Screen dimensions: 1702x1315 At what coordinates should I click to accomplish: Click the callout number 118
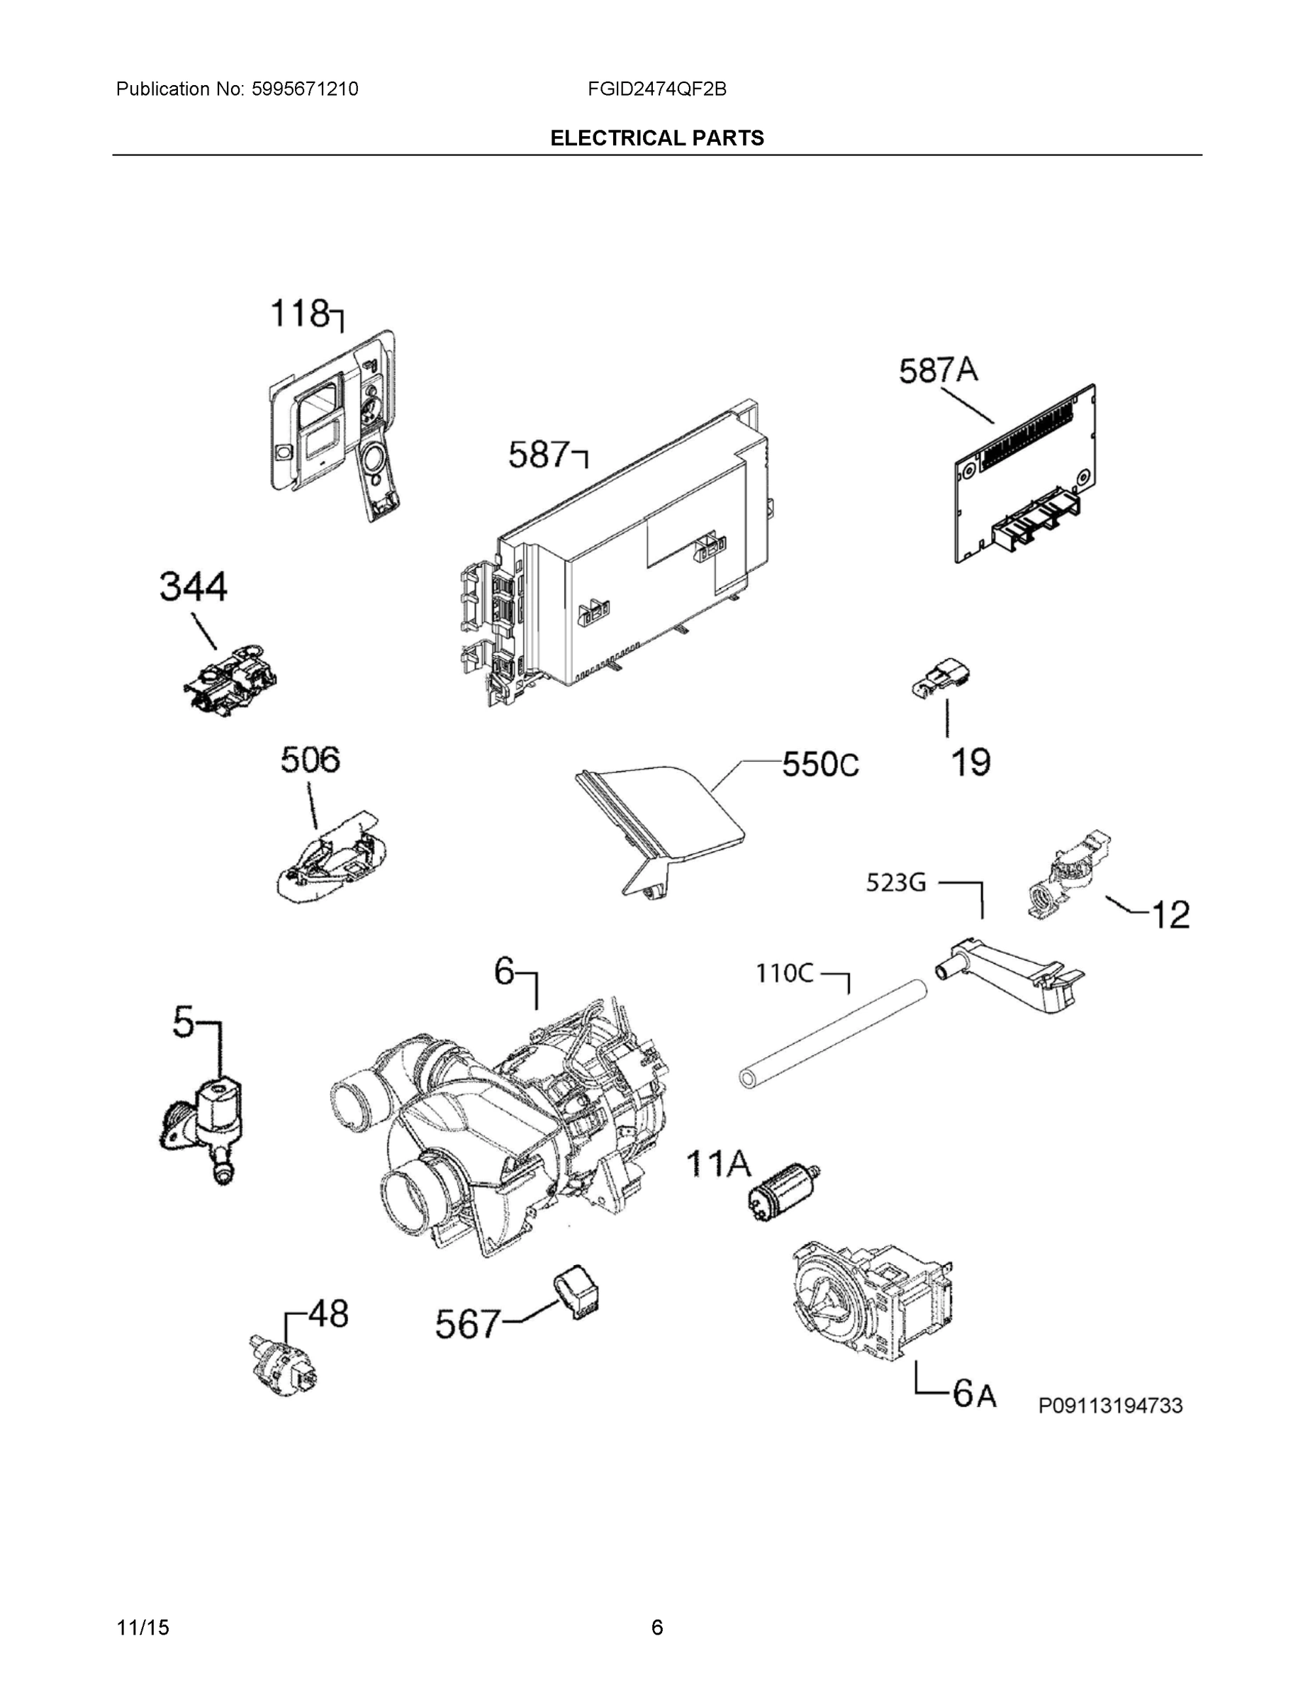tap(300, 314)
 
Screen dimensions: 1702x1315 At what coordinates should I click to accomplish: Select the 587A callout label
tap(938, 371)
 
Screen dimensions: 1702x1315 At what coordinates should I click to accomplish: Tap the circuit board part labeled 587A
tap(1025, 475)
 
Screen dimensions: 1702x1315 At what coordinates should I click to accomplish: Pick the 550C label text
tap(819, 764)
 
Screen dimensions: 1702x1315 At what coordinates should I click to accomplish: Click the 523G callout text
tap(896, 883)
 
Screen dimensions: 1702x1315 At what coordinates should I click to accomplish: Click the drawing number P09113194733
tap(1110, 1406)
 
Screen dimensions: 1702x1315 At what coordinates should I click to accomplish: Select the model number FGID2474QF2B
tap(656, 89)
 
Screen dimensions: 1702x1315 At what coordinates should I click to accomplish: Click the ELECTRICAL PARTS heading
tap(656, 138)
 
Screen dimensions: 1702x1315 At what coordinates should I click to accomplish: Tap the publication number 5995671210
tap(305, 89)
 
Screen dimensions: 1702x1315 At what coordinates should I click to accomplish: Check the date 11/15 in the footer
tap(142, 1628)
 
